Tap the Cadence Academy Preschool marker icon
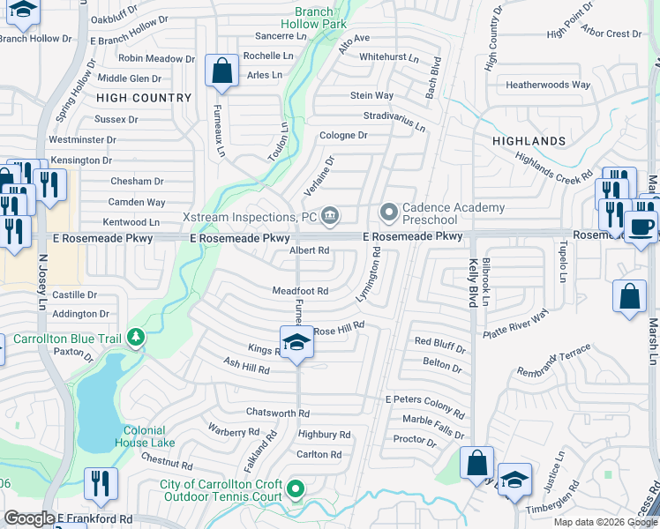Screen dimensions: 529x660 (387, 212)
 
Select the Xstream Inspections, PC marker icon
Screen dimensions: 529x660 (330, 214)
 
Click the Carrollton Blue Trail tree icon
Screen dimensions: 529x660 (135, 337)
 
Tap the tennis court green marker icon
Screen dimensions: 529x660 (296, 488)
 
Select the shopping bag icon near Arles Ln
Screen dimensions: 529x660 (222, 71)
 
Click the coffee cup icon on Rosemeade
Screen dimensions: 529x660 (641, 226)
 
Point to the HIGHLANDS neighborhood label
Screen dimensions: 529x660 (529, 141)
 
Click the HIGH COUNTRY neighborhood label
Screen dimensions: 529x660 (144, 98)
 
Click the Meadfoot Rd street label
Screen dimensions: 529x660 (300, 291)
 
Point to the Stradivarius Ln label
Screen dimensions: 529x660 (394, 121)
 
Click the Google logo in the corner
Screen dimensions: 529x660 (29, 518)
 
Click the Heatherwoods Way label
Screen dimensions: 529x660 (547, 86)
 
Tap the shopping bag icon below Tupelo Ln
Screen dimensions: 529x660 (630, 296)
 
